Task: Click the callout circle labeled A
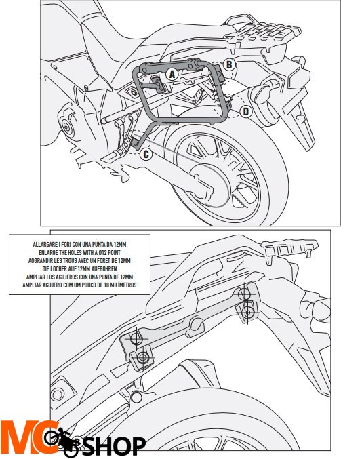click(x=172, y=74)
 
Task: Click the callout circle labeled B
click(x=229, y=64)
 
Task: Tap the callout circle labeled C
click(x=146, y=154)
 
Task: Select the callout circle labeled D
click(x=246, y=111)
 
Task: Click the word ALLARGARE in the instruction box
click(x=43, y=245)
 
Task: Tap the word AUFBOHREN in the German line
click(x=106, y=268)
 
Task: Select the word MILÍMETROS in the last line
click(x=124, y=285)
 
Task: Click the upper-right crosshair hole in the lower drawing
click(x=243, y=294)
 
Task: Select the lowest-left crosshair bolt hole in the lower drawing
click(x=143, y=357)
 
